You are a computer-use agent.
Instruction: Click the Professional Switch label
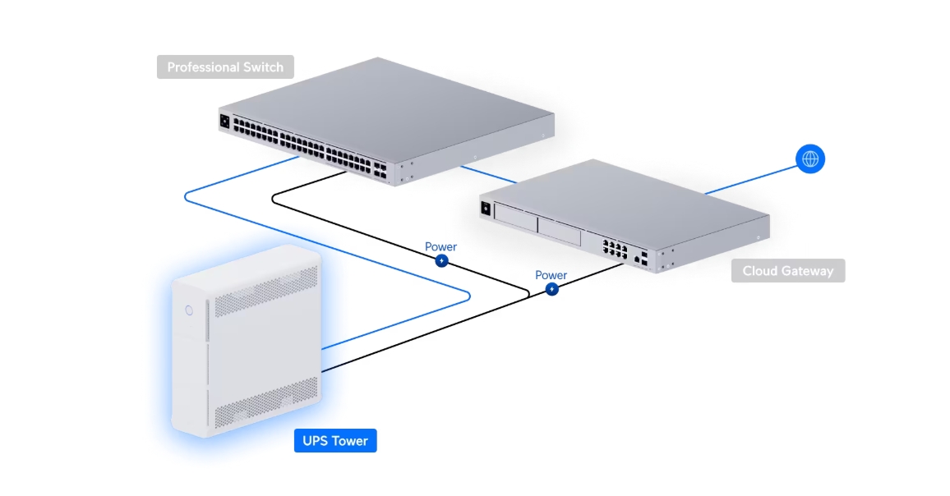coord(225,67)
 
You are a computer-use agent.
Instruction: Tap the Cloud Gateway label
coord(787,271)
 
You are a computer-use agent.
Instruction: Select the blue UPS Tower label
coord(335,441)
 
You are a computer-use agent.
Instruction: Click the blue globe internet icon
coord(810,158)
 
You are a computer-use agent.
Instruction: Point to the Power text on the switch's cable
coord(440,246)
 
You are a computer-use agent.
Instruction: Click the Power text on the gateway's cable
coord(551,275)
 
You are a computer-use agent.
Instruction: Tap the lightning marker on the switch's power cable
coord(441,261)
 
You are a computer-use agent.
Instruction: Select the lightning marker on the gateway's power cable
coord(552,289)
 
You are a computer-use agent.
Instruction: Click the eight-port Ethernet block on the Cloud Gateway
coord(613,249)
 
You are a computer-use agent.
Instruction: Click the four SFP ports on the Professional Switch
coord(380,169)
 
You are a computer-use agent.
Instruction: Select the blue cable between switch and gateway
coord(488,174)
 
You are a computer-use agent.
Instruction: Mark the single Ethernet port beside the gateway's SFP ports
coord(637,259)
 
